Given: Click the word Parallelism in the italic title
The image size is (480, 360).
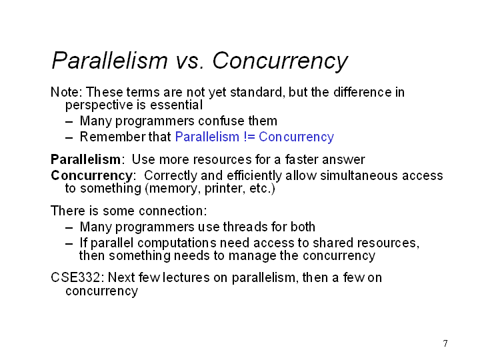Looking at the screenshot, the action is [109, 60].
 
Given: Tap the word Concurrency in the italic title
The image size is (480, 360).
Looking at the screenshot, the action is [280, 61].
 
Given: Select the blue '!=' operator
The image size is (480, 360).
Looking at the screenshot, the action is [249, 137].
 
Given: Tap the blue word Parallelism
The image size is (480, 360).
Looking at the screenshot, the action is [207, 137].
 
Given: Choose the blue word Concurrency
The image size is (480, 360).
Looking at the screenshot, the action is [296, 137].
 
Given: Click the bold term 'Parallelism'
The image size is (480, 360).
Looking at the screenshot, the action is [86, 159].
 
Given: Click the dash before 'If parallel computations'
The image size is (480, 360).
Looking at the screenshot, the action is [69, 244].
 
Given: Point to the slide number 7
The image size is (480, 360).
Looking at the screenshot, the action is [445, 343].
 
